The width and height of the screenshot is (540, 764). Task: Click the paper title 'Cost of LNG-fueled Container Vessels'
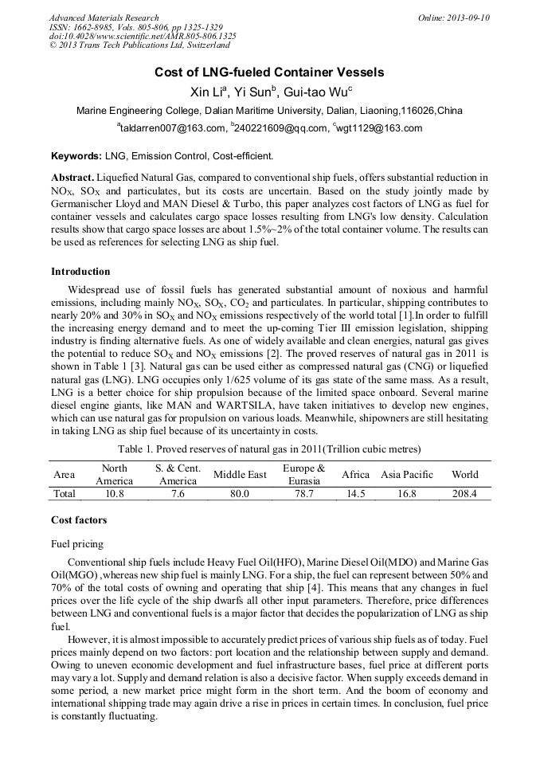coord(269,72)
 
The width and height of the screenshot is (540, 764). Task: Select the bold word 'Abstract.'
coord(73,177)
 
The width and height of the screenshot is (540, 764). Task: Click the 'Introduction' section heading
coord(80,272)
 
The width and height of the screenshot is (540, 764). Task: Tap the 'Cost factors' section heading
coord(79,519)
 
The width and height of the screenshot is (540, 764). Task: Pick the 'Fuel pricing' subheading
coord(77,544)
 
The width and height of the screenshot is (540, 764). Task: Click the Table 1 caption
coord(269,449)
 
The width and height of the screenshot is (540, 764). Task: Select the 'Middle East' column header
coord(240,475)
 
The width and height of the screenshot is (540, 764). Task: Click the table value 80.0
coord(240,494)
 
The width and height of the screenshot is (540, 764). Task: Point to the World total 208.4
coord(464,494)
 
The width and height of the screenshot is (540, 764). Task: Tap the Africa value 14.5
coord(355,494)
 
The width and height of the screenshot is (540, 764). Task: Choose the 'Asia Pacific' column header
coord(407,475)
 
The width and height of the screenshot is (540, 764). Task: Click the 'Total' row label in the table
coord(65,494)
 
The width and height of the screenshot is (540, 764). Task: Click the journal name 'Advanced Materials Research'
coord(104,18)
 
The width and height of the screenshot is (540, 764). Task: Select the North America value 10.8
coord(115,494)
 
